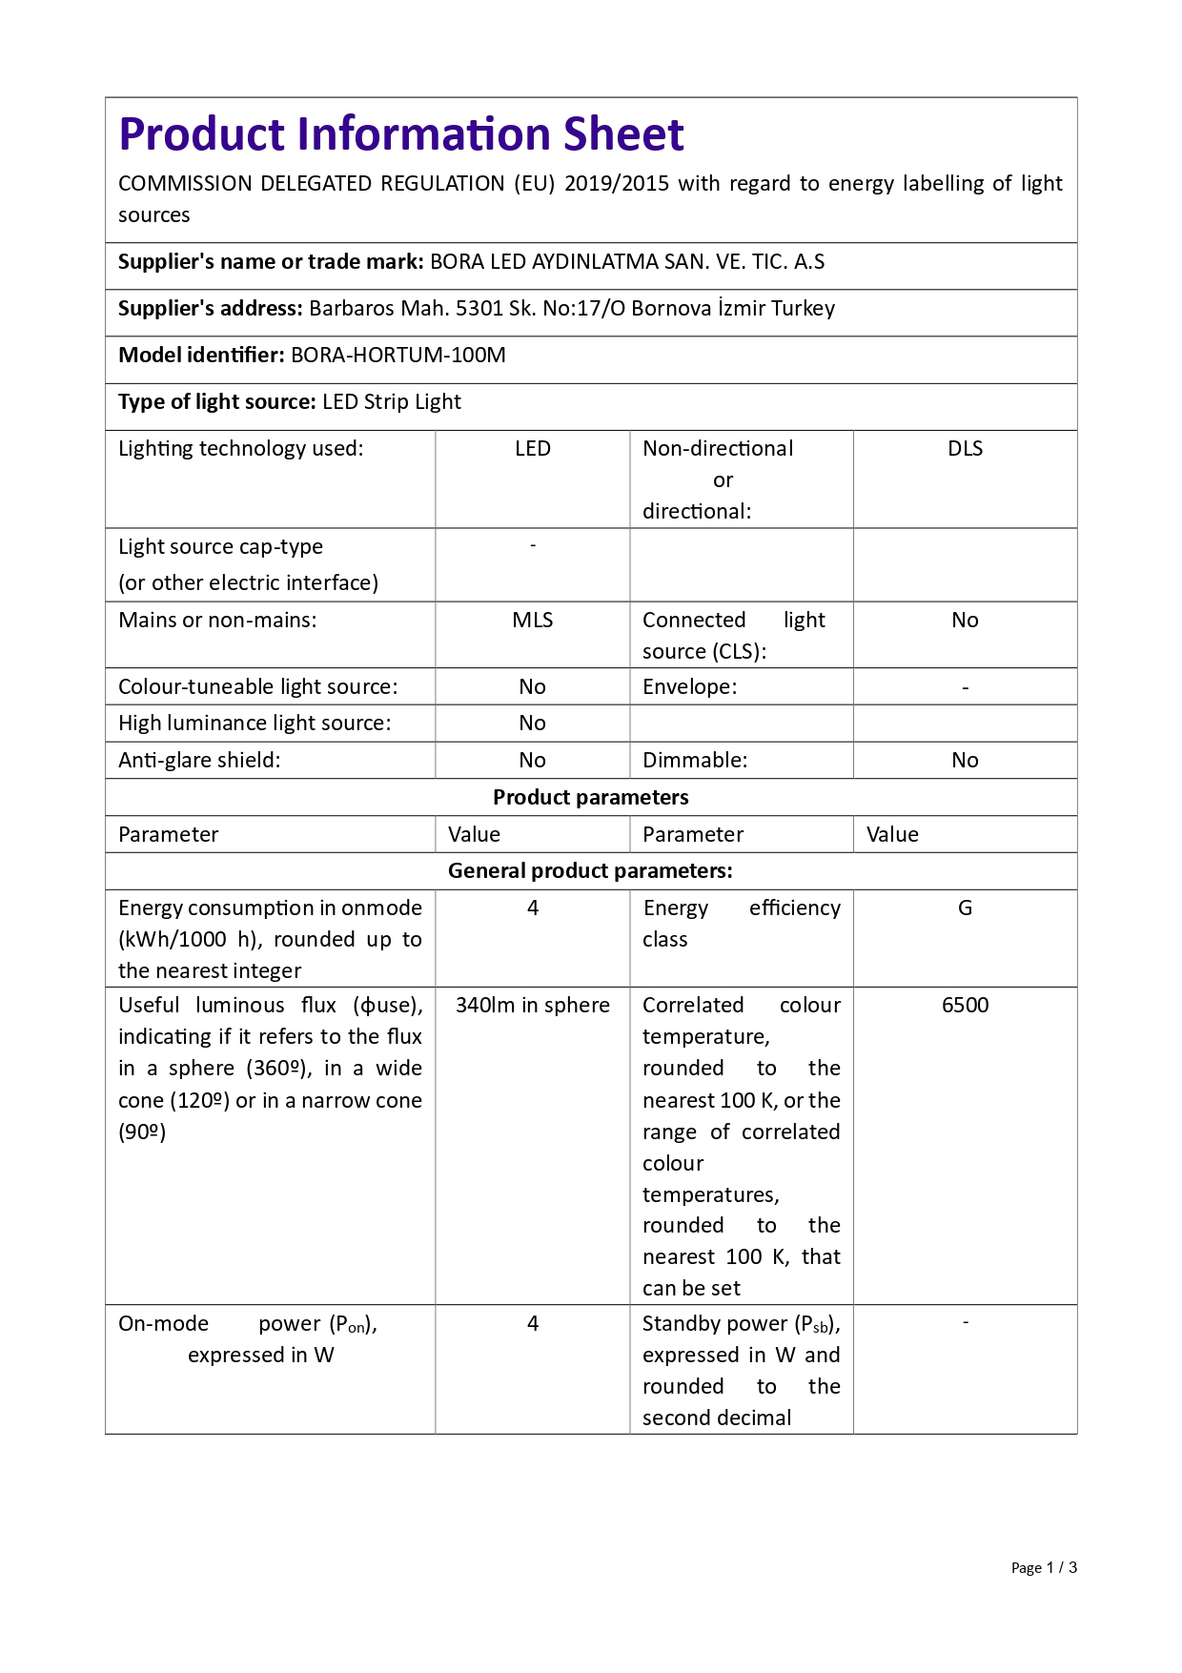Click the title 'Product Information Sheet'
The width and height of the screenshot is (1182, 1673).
[400, 134]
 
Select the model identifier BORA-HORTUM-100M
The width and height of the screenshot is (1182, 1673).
[397, 356]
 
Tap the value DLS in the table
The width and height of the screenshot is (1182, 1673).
[965, 449]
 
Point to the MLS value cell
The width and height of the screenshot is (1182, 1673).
[532, 621]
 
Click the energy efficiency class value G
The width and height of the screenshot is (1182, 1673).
[965, 908]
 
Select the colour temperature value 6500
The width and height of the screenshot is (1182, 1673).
[965, 1006]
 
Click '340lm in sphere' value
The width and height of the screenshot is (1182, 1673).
[532, 1006]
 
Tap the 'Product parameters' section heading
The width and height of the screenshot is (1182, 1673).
[590, 798]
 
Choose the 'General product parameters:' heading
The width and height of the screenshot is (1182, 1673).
[590, 871]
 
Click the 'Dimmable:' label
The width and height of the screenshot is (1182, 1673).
[695, 761]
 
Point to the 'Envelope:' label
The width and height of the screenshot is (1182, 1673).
[689, 687]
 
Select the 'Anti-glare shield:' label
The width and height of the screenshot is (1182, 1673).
[199, 761]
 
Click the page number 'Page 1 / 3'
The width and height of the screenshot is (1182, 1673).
[1043, 1568]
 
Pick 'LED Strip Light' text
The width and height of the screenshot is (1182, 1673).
[392, 402]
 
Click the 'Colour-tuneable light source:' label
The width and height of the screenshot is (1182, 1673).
[257, 687]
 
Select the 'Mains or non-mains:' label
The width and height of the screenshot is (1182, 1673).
[217, 621]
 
